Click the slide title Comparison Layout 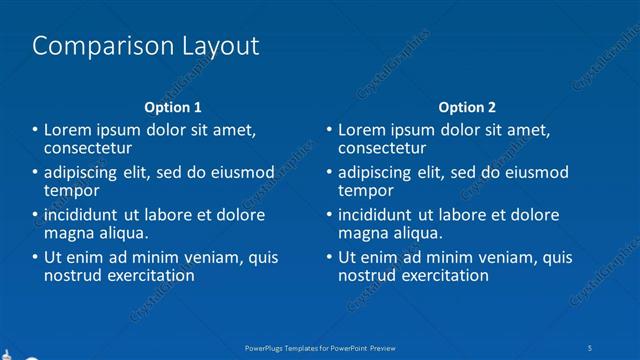click(146, 46)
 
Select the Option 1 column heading click(173, 107)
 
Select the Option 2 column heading click(466, 107)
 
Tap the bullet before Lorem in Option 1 click(34, 130)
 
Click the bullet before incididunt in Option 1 click(34, 215)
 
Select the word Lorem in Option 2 click(361, 130)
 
